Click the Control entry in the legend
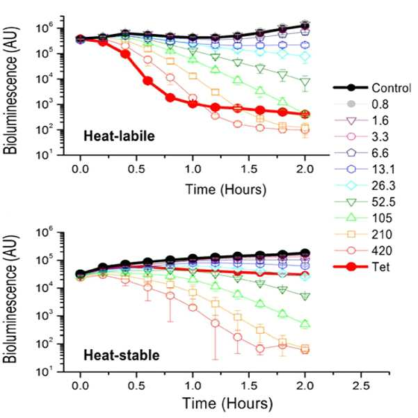click(x=392, y=88)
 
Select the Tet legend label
click(x=380, y=267)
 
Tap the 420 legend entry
click(x=382, y=250)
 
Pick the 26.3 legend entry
click(x=383, y=186)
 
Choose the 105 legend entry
click(x=382, y=218)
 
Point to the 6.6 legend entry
click(x=380, y=153)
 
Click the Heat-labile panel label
click(x=119, y=136)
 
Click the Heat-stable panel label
click(x=122, y=355)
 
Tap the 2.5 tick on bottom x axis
click(x=361, y=386)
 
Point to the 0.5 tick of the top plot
click(x=136, y=169)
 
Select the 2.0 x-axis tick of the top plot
click(x=305, y=169)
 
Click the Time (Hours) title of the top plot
click(x=226, y=190)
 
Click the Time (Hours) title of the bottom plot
click(x=227, y=403)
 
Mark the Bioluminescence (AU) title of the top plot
click(x=10, y=90)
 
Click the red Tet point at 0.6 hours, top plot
click(x=148, y=81)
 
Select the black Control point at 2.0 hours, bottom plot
click(x=305, y=252)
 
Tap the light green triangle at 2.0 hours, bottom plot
click(x=305, y=324)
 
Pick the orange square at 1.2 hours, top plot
click(x=216, y=93)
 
